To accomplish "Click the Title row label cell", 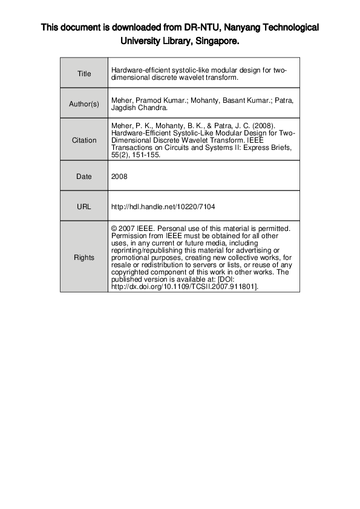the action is point(84,74).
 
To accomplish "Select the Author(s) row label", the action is point(84,104).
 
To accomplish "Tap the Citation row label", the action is point(84,140).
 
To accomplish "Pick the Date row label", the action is point(84,177).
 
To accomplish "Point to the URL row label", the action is point(84,207).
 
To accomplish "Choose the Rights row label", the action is point(84,258).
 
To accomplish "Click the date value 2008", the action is point(119,177).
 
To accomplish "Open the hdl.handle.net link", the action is point(163,207).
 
